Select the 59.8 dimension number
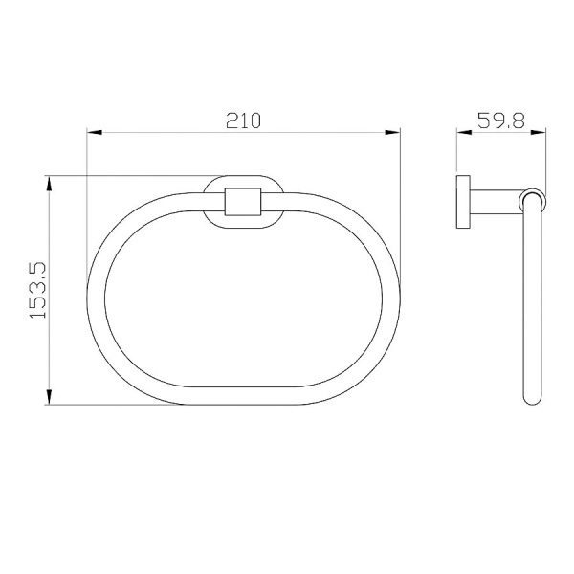point(498,121)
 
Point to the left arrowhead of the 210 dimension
point(93,135)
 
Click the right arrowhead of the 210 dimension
point(394,135)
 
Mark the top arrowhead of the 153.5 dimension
point(48,182)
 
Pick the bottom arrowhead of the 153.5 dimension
point(48,398)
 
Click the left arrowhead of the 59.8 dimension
point(461,135)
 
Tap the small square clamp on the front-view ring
point(242,202)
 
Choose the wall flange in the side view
point(462,202)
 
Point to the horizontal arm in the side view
point(495,202)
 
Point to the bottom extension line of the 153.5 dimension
point(115,405)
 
